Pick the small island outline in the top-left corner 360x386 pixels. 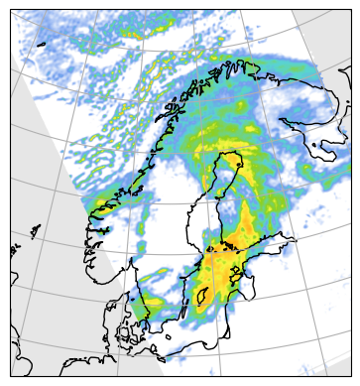coord(43,46)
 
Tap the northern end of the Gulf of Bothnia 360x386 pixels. coord(234,159)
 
